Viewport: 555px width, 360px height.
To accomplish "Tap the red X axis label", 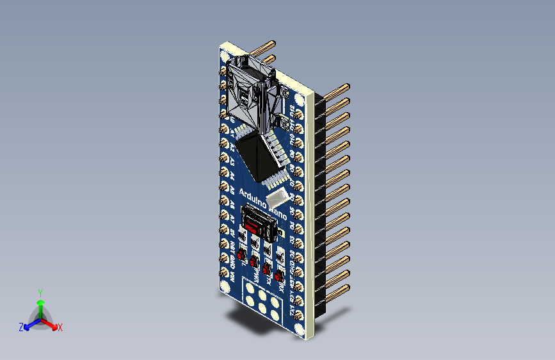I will pos(60,327).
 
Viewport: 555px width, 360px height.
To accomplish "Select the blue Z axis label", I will pos(21,327).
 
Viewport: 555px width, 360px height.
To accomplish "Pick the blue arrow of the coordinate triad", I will pos(29,325).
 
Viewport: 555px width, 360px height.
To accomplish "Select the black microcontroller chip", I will pos(262,157).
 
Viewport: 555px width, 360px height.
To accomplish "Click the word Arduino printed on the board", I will pos(253,195).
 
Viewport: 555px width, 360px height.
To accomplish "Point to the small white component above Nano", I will pos(278,197).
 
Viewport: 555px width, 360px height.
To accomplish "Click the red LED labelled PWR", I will pos(254,261).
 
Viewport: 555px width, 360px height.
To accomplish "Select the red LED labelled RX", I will pos(278,277).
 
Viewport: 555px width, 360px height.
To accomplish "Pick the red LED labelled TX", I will pos(266,269).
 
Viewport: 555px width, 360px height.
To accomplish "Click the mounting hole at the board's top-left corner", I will pos(223,57).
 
